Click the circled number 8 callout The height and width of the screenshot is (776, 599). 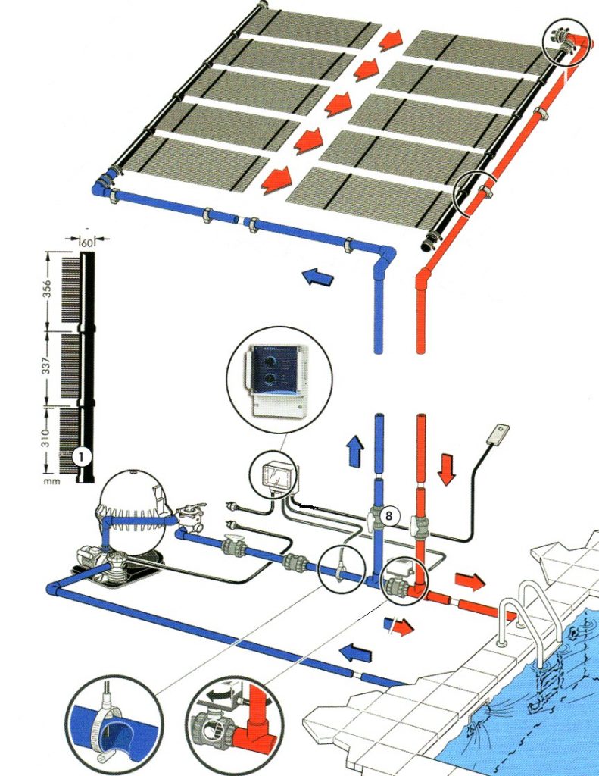388,516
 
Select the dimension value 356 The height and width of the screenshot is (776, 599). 48,290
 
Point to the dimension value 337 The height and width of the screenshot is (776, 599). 46,366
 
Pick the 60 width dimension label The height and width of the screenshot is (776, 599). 86,243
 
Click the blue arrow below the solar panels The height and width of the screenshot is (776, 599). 318,276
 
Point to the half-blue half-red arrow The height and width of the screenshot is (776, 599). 398,626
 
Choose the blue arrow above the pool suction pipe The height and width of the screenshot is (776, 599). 356,652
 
